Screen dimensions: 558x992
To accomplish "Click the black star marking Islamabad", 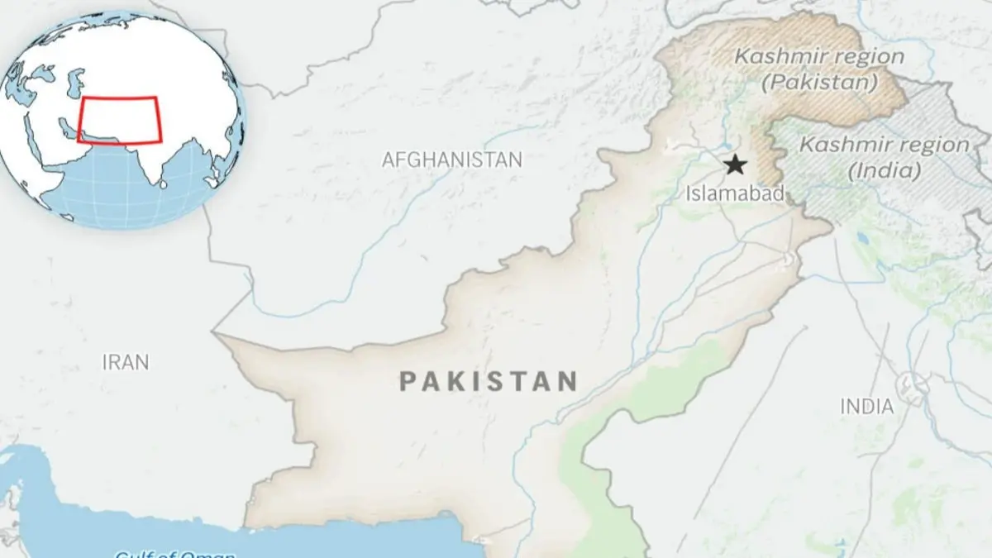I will pos(734,165).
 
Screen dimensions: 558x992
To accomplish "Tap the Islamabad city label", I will pos(735,194).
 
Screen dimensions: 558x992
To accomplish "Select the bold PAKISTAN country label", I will pos(488,381).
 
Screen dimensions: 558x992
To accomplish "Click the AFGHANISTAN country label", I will pos(451,160).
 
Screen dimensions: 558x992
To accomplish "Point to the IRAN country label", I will pos(126,362).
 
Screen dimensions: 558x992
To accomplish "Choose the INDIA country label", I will pos(866,407).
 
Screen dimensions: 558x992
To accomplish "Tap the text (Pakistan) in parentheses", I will pos(819,83).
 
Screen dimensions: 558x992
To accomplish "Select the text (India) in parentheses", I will pos(885,171).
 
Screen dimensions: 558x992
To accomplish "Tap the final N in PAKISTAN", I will pos(566,381).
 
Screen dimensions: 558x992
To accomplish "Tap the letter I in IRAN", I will pos(105,362).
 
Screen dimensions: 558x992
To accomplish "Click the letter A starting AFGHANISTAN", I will pos(388,160).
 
